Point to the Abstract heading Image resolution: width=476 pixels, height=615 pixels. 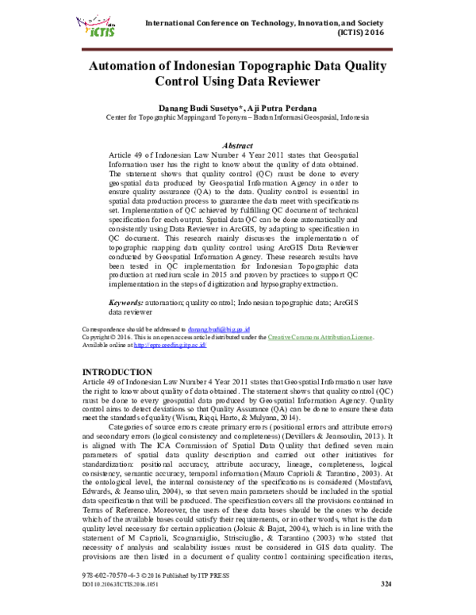tap(238, 147)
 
